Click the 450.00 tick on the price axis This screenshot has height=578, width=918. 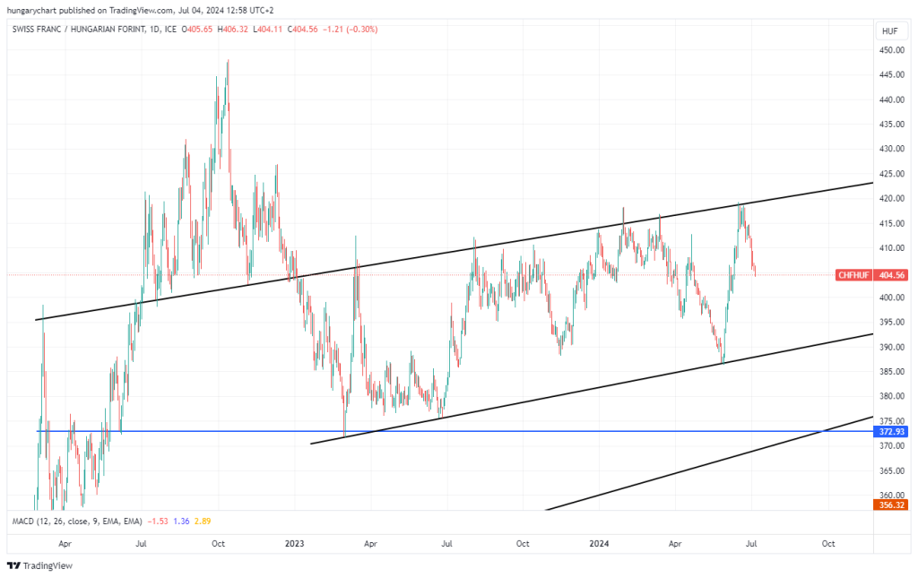tap(890, 50)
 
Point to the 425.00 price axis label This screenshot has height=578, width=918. tap(890, 174)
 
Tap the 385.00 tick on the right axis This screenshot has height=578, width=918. tap(890, 372)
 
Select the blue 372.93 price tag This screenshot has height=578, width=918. tap(890, 432)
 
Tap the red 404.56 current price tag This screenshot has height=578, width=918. tap(891, 274)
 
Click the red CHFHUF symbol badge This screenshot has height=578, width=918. tap(853, 274)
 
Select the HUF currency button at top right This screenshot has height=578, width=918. tap(889, 30)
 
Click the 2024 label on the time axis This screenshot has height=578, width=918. tap(600, 543)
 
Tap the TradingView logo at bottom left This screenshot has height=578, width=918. tap(39, 565)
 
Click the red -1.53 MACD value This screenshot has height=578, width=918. tap(158, 521)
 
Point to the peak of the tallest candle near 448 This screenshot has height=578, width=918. tap(228, 60)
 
